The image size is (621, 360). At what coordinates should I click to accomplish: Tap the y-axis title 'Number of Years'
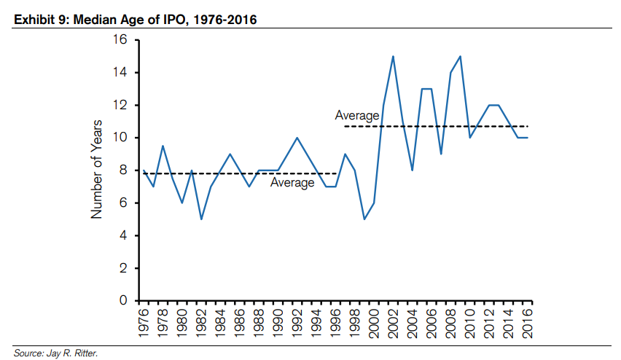coord(95,171)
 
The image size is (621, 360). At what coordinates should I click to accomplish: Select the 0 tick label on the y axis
coord(123,300)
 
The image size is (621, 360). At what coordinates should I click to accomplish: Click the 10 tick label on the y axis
coord(120,138)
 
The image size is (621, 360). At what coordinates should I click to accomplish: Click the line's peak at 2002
coord(394,56)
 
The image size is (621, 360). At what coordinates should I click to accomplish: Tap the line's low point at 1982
coord(201,219)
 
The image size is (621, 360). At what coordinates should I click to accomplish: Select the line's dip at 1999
coord(364,219)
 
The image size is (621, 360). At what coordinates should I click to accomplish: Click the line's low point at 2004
coord(413,170)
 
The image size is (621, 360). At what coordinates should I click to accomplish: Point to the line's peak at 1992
coord(297,138)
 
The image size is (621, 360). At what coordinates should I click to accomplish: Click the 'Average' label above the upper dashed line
coord(357,115)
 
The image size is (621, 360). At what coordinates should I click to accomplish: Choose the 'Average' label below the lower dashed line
coord(292,183)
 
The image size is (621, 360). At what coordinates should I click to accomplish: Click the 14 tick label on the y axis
coord(120,73)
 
